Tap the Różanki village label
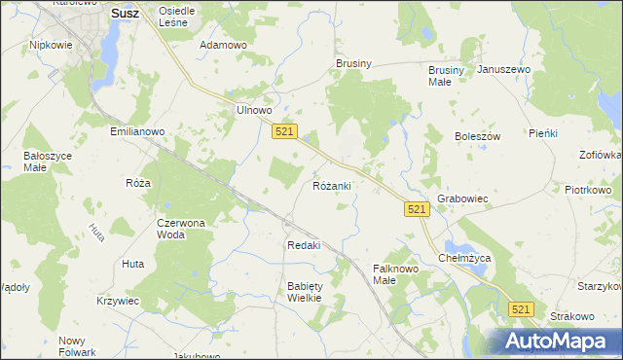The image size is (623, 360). click(332, 185)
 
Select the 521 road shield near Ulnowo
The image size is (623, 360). click(284, 132)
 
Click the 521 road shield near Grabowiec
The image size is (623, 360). click(417, 209)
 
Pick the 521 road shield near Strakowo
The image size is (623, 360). click(522, 308)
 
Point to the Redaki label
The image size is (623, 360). click(304, 245)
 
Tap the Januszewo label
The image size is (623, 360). click(504, 70)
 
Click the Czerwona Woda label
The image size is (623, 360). click(181, 229)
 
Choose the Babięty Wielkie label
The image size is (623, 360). click(304, 292)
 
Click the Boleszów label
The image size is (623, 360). click(477, 136)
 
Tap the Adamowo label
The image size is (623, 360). click(222, 45)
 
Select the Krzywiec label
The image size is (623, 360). click(118, 302)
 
